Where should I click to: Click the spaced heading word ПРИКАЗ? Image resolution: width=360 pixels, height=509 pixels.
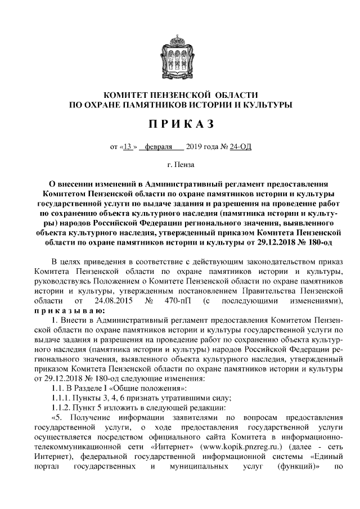(180, 123)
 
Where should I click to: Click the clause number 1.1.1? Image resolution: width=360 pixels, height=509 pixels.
(61, 398)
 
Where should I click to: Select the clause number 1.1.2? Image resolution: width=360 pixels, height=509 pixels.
(61, 408)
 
